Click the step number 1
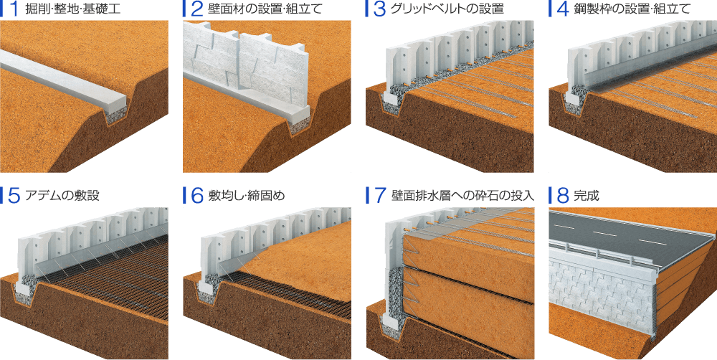(x=11, y=9)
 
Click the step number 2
(x=196, y=9)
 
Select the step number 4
(x=561, y=9)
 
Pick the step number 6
(x=196, y=195)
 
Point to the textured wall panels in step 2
(x=244, y=65)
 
